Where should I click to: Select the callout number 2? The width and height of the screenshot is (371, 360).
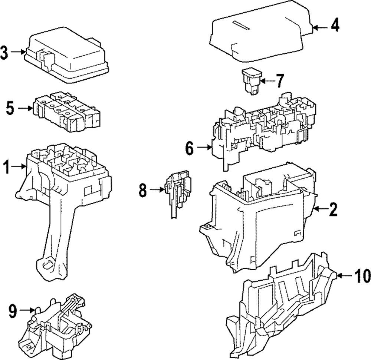[x=333, y=210]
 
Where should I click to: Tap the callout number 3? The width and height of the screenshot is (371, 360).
[x=4, y=52]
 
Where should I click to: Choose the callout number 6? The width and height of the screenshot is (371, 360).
[x=189, y=148]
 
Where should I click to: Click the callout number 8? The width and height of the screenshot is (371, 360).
[x=143, y=191]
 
